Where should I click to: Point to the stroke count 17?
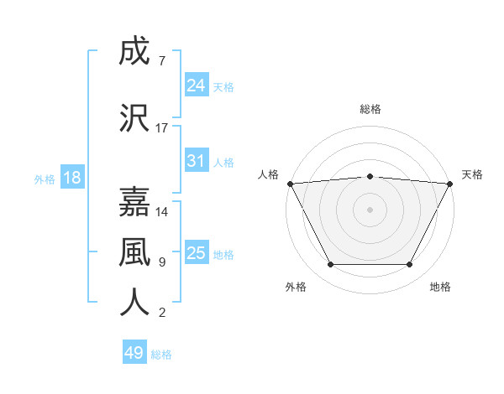tap(162, 128)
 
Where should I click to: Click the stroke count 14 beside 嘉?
tap(162, 211)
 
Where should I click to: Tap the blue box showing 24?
tap(197, 86)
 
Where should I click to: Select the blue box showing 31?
tap(197, 161)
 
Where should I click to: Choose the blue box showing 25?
tap(197, 253)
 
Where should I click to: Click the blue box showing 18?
tap(71, 178)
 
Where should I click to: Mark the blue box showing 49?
tap(134, 353)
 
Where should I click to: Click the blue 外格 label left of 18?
tap(45, 179)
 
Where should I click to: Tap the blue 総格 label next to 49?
tap(161, 355)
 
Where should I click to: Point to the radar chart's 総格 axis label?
tap(370, 109)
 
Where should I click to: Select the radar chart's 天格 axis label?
tap(472, 174)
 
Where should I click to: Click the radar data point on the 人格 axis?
tap(290, 183)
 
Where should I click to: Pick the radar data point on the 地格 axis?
tap(410, 265)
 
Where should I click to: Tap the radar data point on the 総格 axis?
tap(370, 176)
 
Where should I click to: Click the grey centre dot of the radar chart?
tap(370, 209)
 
